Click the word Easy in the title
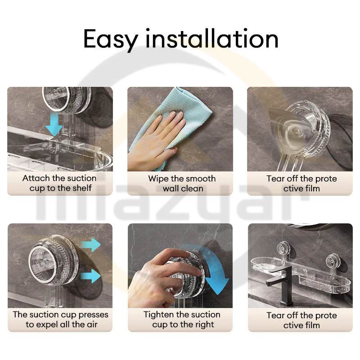[x=110, y=40]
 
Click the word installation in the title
[x=211, y=38]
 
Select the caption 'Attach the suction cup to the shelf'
[x=60, y=183]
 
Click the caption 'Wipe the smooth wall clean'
[x=182, y=184]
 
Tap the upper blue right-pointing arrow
[x=91, y=245]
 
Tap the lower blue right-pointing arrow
[x=91, y=276]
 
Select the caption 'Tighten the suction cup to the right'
[x=182, y=319]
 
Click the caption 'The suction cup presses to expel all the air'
[x=60, y=319]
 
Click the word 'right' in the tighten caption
[x=203, y=324]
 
